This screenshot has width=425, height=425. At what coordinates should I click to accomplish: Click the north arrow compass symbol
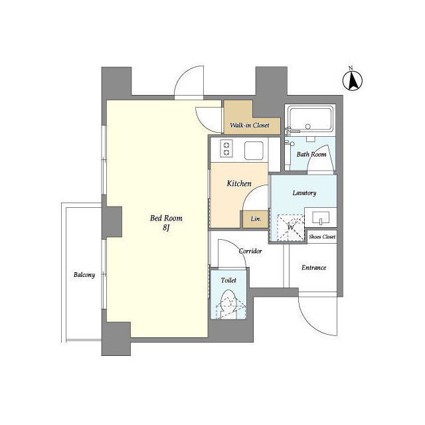point(353,80)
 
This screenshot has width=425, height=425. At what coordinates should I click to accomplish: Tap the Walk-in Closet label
point(250,126)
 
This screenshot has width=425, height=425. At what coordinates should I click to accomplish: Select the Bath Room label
point(311,155)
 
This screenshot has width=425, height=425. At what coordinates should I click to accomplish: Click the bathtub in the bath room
point(311,119)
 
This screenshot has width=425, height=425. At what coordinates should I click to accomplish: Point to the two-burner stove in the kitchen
point(226,148)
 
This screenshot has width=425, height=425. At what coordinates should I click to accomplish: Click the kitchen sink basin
point(254,151)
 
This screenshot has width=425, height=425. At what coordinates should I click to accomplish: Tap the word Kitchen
point(239,184)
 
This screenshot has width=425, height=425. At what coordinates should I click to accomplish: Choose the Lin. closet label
point(256,218)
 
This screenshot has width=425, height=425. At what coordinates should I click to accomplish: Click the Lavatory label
point(304,193)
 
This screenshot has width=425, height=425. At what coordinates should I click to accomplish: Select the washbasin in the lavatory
point(321,218)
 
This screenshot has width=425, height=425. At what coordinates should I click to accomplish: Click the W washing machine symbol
point(291,227)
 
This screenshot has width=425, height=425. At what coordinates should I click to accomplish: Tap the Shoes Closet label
point(322,236)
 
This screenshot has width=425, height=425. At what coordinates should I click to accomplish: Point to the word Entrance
point(314,268)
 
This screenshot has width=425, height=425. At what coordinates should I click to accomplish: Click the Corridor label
point(250,251)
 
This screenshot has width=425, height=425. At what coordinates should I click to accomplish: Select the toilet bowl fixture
point(228,304)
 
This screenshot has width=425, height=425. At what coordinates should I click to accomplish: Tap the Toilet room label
point(228,280)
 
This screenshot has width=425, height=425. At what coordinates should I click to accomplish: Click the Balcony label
point(84,275)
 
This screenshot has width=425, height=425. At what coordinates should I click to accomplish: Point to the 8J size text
point(166,228)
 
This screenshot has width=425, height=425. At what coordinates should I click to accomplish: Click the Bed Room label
point(166,218)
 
